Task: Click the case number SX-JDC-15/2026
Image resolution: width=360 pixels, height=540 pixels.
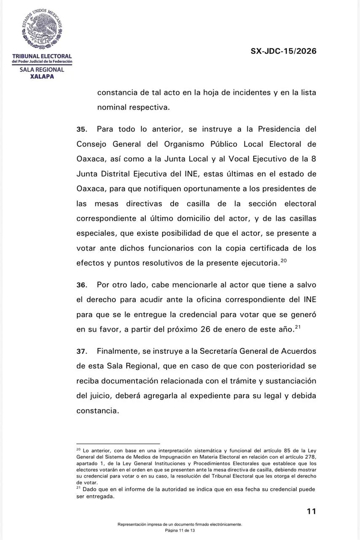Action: pos(283,51)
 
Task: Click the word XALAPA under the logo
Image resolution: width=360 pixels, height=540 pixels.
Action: pos(42,76)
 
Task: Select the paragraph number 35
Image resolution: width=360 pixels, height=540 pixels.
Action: pos(81,129)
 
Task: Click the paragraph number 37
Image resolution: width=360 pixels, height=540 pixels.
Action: pos(81,351)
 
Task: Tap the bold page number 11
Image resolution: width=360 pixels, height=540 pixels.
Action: pos(311,511)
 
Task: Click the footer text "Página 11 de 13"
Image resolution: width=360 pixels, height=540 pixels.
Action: pos(180,530)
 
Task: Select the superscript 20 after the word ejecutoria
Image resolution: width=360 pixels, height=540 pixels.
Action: pos(283,260)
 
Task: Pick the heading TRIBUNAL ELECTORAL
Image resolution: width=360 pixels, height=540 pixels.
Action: pos(42,56)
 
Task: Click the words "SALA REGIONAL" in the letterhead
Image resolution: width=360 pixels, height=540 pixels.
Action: pos(42,70)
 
